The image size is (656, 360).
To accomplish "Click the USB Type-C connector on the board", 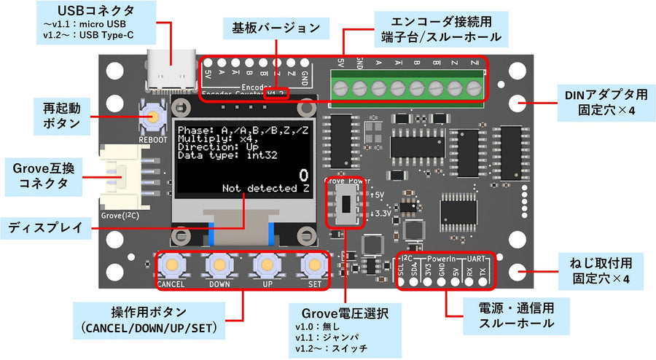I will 171,71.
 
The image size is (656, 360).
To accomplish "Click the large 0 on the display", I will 304,175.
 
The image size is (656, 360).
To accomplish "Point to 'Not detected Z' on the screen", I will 266,189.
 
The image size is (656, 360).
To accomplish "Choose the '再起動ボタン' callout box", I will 61,115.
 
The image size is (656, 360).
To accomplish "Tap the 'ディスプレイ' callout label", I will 46,227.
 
